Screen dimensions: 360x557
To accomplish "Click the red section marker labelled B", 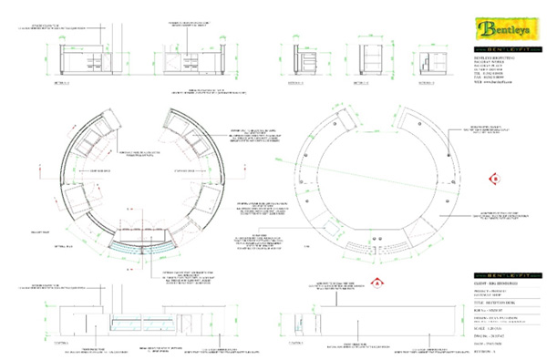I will point(492,180).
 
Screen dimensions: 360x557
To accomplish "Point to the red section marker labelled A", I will point(374,283).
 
